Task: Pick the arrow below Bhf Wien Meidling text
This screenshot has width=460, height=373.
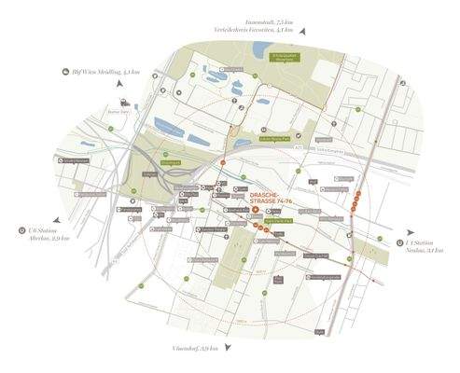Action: pos(121,86)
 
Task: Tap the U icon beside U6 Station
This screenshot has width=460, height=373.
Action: pos(21,228)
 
